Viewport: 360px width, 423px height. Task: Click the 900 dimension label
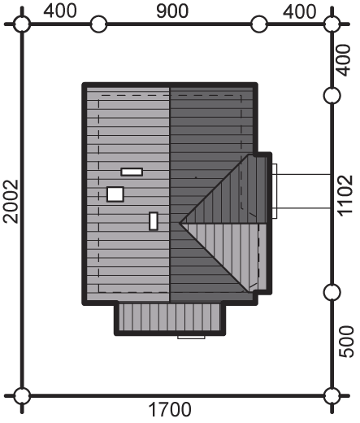click(x=172, y=11)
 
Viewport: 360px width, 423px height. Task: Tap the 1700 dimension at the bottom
click(x=170, y=409)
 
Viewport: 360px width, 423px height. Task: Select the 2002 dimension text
click(x=11, y=202)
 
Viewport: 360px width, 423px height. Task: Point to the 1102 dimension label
click(x=346, y=196)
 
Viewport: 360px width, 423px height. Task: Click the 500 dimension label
click(x=346, y=342)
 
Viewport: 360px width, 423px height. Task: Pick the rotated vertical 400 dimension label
click(x=343, y=60)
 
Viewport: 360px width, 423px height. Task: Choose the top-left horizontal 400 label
click(x=60, y=11)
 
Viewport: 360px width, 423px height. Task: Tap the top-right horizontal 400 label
click(x=299, y=12)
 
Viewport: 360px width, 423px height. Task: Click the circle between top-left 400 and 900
click(x=98, y=24)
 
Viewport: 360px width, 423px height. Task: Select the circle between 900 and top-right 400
click(x=259, y=24)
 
